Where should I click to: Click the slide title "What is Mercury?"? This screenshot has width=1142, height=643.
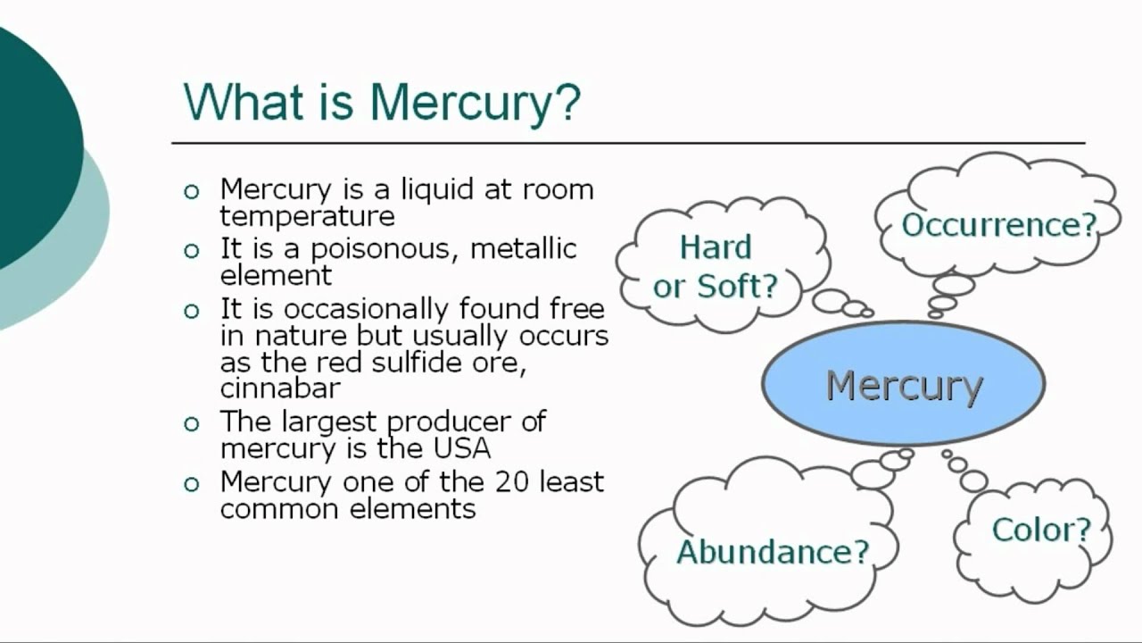point(382,102)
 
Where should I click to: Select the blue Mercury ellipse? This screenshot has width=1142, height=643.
point(903,385)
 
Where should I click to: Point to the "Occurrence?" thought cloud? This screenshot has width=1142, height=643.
point(998,224)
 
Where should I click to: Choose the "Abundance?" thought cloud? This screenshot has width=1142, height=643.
point(772,551)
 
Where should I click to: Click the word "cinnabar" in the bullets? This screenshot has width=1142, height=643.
point(280,388)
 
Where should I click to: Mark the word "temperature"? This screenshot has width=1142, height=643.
point(307,216)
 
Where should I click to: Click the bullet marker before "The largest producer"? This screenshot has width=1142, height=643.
point(191,423)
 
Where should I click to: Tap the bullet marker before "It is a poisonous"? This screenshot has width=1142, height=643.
point(191,251)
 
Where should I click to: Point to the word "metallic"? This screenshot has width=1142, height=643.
point(524,248)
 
